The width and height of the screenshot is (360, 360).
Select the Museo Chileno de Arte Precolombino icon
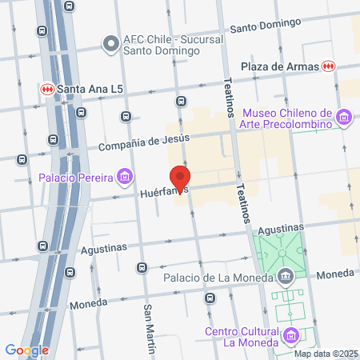(344, 119)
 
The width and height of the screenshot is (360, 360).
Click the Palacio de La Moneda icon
(286, 278)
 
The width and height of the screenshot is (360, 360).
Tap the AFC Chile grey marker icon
(110, 42)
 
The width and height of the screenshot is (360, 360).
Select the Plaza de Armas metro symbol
(327, 66)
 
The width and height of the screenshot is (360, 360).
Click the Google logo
(26, 350)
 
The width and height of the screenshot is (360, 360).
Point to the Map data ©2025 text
(326, 353)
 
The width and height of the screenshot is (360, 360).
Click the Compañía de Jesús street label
(144, 144)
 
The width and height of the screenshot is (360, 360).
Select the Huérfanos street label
(163, 193)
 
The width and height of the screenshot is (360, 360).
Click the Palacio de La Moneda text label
(219, 278)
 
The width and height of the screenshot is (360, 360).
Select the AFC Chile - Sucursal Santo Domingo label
(161, 44)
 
